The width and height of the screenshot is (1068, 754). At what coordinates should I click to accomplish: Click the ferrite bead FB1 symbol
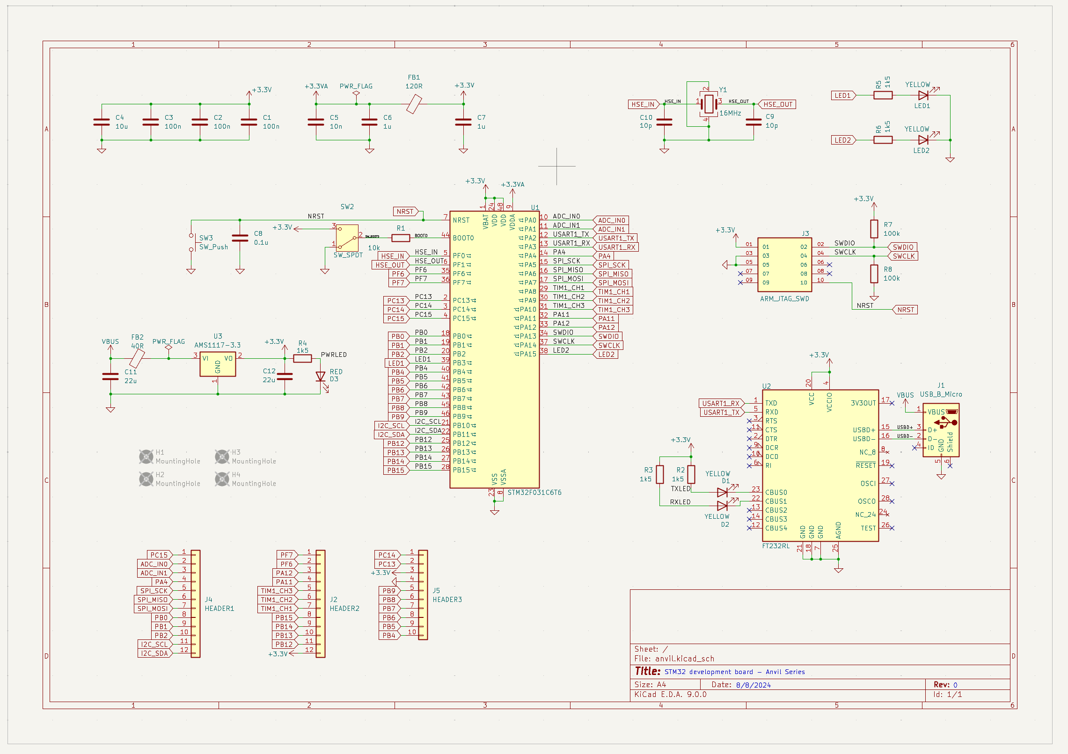tap(414, 104)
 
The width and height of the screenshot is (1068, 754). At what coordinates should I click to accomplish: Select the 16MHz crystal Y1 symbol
tap(709, 104)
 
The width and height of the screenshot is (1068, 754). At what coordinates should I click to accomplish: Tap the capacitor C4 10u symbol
tap(102, 122)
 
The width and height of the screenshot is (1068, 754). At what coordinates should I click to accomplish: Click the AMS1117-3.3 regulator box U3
tap(218, 364)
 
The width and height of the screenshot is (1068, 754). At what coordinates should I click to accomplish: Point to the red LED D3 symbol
tap(321, 377)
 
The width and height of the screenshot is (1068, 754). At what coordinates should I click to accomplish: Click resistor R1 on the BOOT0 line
tap(401, 238)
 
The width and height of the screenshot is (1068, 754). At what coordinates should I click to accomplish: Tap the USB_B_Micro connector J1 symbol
tap(941, 430)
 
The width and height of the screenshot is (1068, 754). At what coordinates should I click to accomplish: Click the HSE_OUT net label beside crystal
tap(777, 104)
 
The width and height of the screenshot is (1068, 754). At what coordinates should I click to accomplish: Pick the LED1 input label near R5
tap(843, 95)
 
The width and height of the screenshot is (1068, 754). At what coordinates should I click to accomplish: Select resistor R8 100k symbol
tap(874, 274)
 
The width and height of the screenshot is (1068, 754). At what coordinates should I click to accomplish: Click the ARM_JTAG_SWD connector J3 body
tap(784, 264)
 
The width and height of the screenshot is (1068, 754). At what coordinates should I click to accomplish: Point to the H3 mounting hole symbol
tap(222, 456)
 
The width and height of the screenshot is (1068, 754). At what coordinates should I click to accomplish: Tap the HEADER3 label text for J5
tap(447, 600)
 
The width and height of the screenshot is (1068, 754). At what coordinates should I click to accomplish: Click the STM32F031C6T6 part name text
tap(534, 493)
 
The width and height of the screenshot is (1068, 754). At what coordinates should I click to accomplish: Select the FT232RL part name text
tap(775, 546)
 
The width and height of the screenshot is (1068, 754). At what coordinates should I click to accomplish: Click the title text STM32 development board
tap(734, 672)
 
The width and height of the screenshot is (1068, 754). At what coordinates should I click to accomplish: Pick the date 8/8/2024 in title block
tap(753, 685)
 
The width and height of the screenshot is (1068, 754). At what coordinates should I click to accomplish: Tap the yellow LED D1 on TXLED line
tap(722, 492)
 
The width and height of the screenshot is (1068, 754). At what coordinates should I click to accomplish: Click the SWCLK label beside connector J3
tap(903, 256)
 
